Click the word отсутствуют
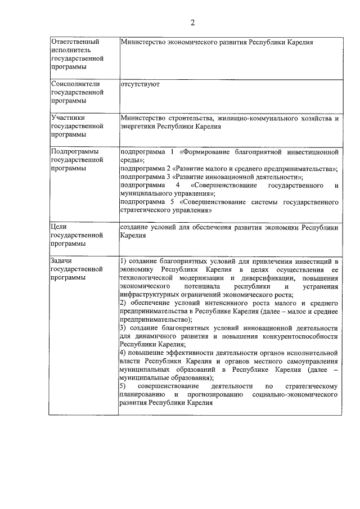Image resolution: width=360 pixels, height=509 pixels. coord(140,84)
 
